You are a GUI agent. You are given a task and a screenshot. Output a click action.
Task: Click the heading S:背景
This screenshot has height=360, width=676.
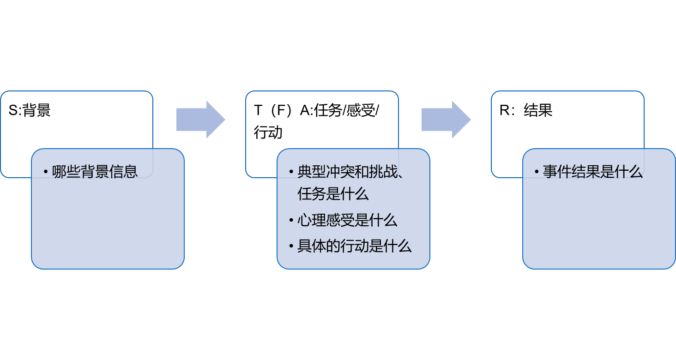pos(30,110)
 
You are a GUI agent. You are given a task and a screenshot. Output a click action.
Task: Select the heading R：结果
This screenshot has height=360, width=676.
pos(526,110)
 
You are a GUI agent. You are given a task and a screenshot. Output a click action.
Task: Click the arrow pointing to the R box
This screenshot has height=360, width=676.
pos(446,120)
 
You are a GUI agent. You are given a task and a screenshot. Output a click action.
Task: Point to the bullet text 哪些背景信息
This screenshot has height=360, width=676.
pos(95,172)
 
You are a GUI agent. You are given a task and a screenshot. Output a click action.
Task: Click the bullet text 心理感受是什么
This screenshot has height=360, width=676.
pos(347,220)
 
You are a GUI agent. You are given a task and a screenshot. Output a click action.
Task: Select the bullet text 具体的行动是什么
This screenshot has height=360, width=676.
pos(355,246)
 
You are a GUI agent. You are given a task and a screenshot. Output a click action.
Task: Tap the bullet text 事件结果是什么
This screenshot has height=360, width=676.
pos(593,172)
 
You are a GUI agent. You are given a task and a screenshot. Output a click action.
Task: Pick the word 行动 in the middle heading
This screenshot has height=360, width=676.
pos(268,132)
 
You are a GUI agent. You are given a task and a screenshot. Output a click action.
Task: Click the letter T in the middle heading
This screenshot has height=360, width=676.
pos(258,110)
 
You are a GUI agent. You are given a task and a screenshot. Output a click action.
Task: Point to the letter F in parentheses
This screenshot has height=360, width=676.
pos(279,110)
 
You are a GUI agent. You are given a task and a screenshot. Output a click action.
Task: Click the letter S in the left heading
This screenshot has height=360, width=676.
pos(13,110)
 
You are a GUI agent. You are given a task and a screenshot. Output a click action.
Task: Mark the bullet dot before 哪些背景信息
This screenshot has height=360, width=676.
pos(46,172)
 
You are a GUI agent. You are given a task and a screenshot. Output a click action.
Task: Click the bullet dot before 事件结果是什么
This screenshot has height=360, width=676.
pos(537,172)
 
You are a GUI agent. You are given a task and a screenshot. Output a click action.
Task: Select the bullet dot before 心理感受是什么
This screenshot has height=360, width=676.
pos(291,221)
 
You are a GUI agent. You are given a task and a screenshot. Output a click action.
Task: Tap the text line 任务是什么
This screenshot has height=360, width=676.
pos(333,194)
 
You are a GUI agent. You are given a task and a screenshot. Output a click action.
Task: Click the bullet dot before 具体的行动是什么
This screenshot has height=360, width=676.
pos(291,246)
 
